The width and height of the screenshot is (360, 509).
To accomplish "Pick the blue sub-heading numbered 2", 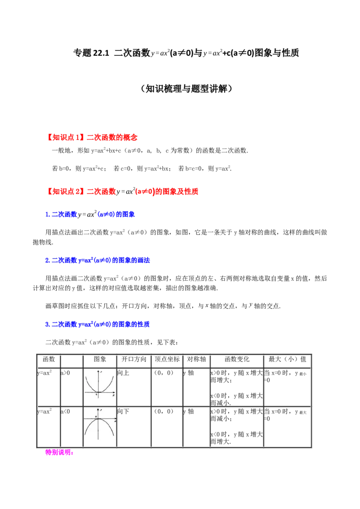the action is click(97, 260).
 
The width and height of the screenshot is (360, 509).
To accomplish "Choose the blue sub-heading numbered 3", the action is click(97, 324).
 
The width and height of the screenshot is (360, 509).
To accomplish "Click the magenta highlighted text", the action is click(59, 452).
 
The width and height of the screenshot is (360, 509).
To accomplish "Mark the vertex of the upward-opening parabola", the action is click(98, 392).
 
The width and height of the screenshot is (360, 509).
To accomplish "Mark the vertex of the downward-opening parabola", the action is click(98, 419).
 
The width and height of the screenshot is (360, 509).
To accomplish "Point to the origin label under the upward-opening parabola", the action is click(96, 395).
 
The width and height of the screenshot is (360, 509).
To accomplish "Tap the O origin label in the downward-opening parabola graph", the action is click(95, 417).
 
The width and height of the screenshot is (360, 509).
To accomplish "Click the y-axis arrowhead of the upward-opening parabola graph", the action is click(98, 371).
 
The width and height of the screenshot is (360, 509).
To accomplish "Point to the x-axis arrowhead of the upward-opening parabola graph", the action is click(114, 393).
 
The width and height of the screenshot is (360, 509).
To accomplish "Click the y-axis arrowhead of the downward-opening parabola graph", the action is click(98, 409).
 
